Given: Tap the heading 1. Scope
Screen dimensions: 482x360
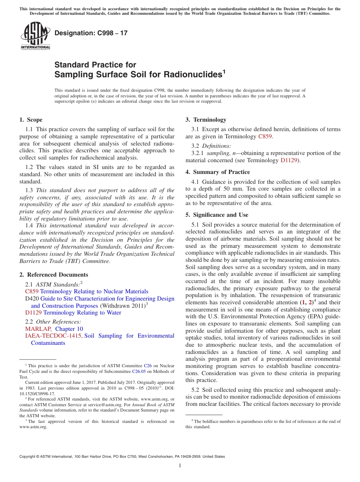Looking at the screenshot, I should (31, 120).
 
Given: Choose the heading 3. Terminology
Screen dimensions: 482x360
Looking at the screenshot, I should (206, 120).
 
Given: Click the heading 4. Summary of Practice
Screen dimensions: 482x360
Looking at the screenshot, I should (218, 172).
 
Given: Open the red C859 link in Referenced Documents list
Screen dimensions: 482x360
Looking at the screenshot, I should (31, 291).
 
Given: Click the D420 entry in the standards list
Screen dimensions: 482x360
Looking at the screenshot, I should (31, 299).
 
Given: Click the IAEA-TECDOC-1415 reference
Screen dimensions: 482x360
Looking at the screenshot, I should (53, 336).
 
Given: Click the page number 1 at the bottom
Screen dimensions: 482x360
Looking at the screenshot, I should (180, 466).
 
